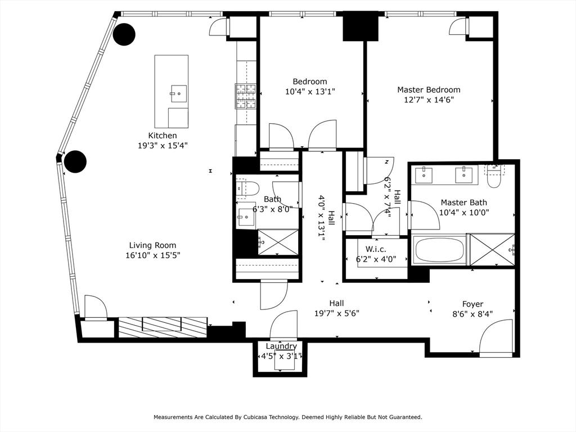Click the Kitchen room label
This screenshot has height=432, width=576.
click(x=163, y=136)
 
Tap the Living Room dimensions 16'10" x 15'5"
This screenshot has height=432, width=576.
click(x=152, y=255)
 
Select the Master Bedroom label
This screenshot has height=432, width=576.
click(x=429, y=89)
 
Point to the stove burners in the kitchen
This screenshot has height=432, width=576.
click(x=246, y=95)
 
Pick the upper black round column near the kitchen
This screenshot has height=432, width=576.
click(x=124, y=34)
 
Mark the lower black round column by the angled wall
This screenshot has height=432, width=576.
click(x=75, y=162)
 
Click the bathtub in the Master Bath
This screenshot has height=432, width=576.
click(x=439, y=250)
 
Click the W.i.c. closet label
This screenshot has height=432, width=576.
click(x=376, y=249)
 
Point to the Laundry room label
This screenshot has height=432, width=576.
click(x=281, y=346)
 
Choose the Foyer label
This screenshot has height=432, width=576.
click(x=472, y=304)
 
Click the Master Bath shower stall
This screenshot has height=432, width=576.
click(x=492, y=249)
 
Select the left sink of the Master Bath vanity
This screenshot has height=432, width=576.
click(x=424, y=175)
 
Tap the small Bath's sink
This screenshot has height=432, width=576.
click(x=246, y=216)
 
